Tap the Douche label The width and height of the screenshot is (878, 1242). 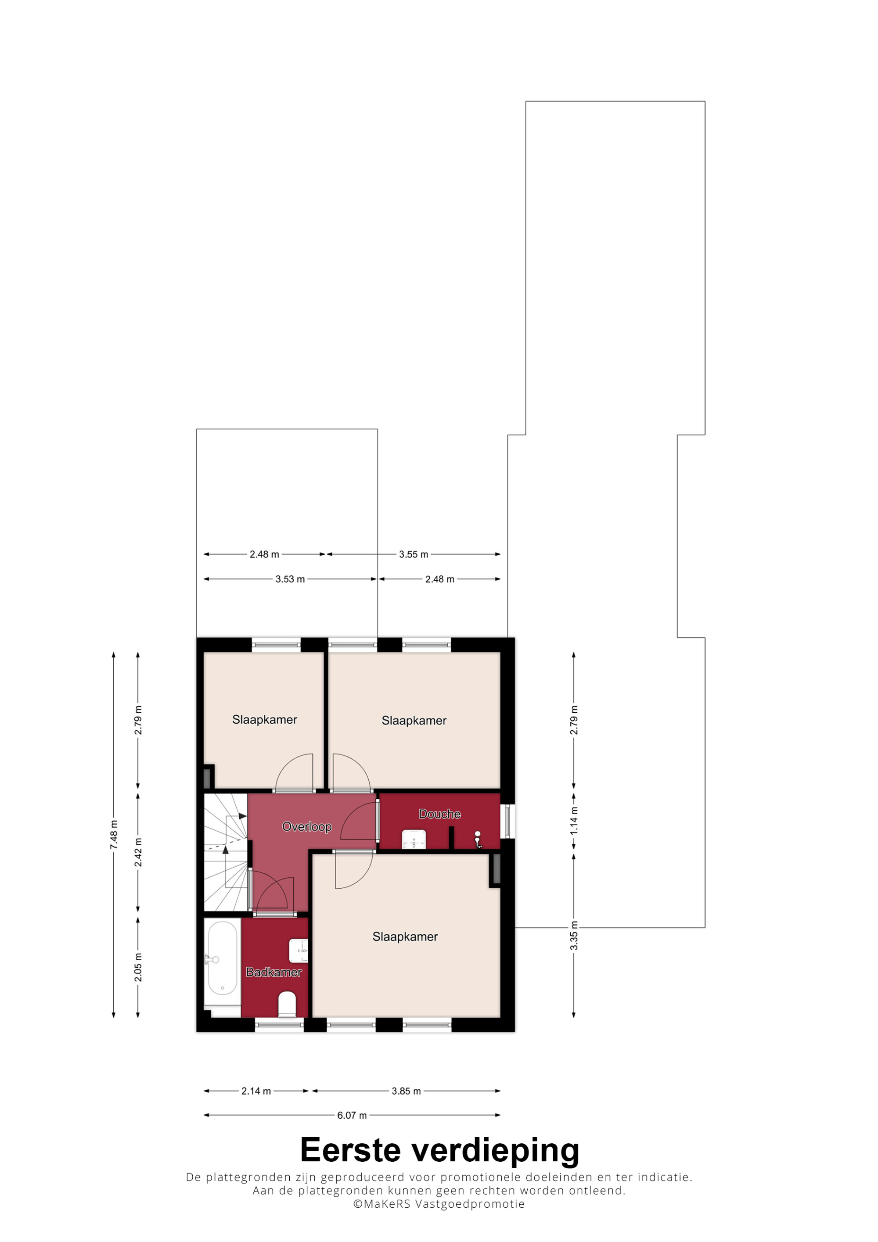tap(440, 814)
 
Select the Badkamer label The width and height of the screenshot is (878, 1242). tap(274, 972)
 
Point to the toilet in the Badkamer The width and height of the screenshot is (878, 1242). tap(287, 1004)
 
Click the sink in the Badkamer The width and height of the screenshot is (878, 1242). tap(299, 951)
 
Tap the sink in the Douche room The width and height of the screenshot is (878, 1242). tap(414, 840)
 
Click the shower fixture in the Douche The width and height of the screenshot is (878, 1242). tap(478, 839)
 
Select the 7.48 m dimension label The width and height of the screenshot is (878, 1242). tap(114, 835)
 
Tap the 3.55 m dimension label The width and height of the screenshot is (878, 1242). tap(414, 554)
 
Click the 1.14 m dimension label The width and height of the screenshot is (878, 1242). tap(574, 820)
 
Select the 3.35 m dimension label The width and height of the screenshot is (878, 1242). tap(574, 935)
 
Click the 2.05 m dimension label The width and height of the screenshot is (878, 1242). tap(138, 967)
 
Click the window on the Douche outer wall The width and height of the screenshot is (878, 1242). tap(507, 821)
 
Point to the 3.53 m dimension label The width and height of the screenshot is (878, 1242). tap(290, 579)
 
